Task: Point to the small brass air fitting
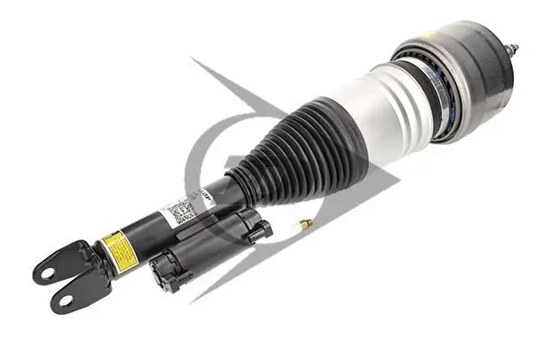tap(306, 222)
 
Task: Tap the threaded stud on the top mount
tap(514, 50)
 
